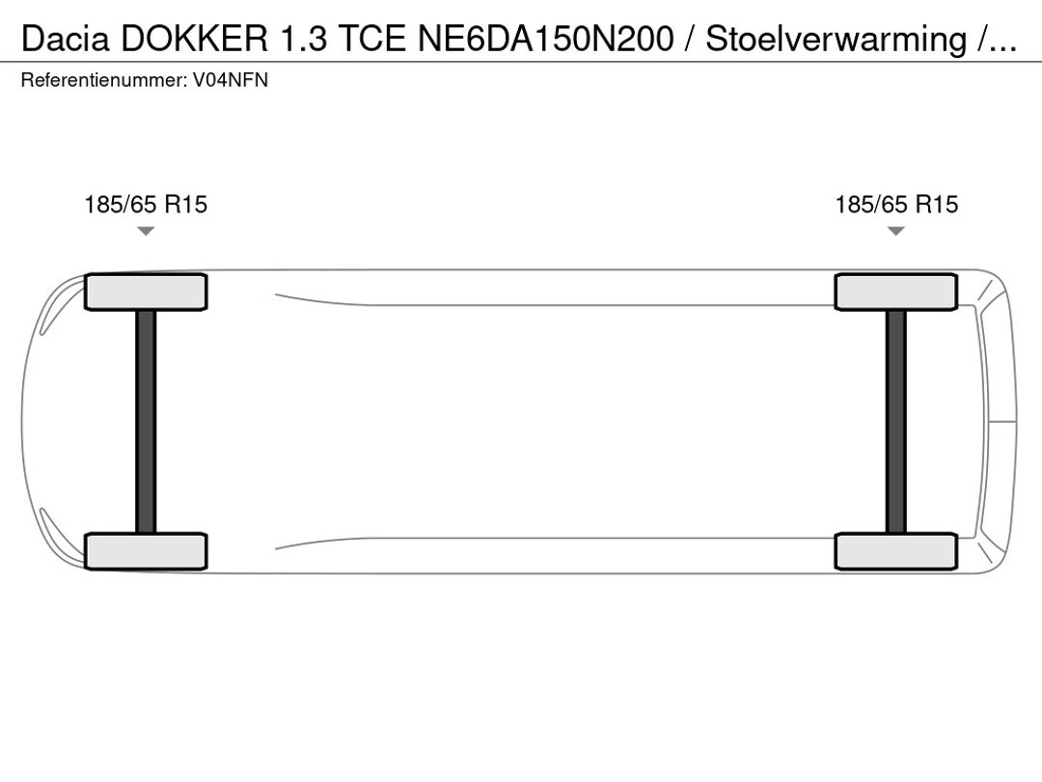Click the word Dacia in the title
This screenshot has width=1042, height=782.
66,39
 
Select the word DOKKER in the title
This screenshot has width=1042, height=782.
194,39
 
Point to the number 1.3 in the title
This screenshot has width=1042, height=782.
304,39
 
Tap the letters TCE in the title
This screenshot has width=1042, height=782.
371,39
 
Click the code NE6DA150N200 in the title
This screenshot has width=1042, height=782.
545,39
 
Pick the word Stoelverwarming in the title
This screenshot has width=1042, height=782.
836,40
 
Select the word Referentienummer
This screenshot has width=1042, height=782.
104,80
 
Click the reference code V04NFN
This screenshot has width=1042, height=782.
231,80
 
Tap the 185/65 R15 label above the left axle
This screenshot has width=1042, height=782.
146,204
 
